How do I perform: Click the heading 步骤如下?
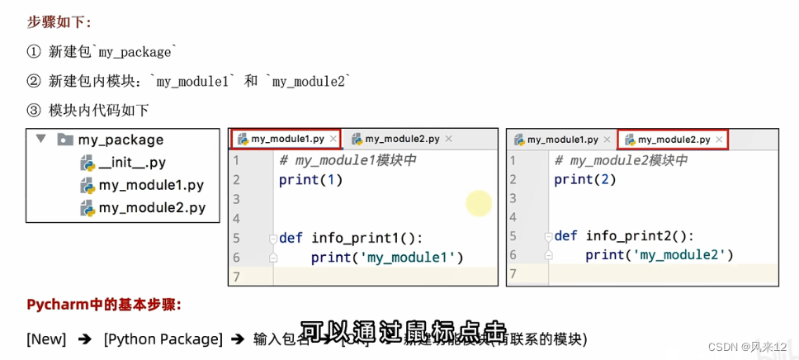tap(59, 22)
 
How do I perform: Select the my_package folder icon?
tap(65, 140)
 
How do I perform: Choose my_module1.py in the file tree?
tap(151, 186)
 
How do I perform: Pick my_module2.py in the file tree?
tap(151, 208)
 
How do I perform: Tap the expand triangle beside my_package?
tap(40, 140)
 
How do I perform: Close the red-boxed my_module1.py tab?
tap(333, 140)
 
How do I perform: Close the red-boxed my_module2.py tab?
tap(719, 140)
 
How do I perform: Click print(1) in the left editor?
tap(310, 179)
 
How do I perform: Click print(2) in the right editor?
tap(585, 179)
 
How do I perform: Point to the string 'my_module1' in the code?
tap(409, 258)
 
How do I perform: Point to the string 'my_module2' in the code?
tap(683, 255)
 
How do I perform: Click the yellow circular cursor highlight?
tap(479, 203)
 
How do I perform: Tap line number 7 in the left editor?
tap(236, 277)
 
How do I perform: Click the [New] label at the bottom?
tap(46, 339)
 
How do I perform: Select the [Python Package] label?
tap(163, 339)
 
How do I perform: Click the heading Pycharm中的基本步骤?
tap(104, 304)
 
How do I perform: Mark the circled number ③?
tap(33, 110)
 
